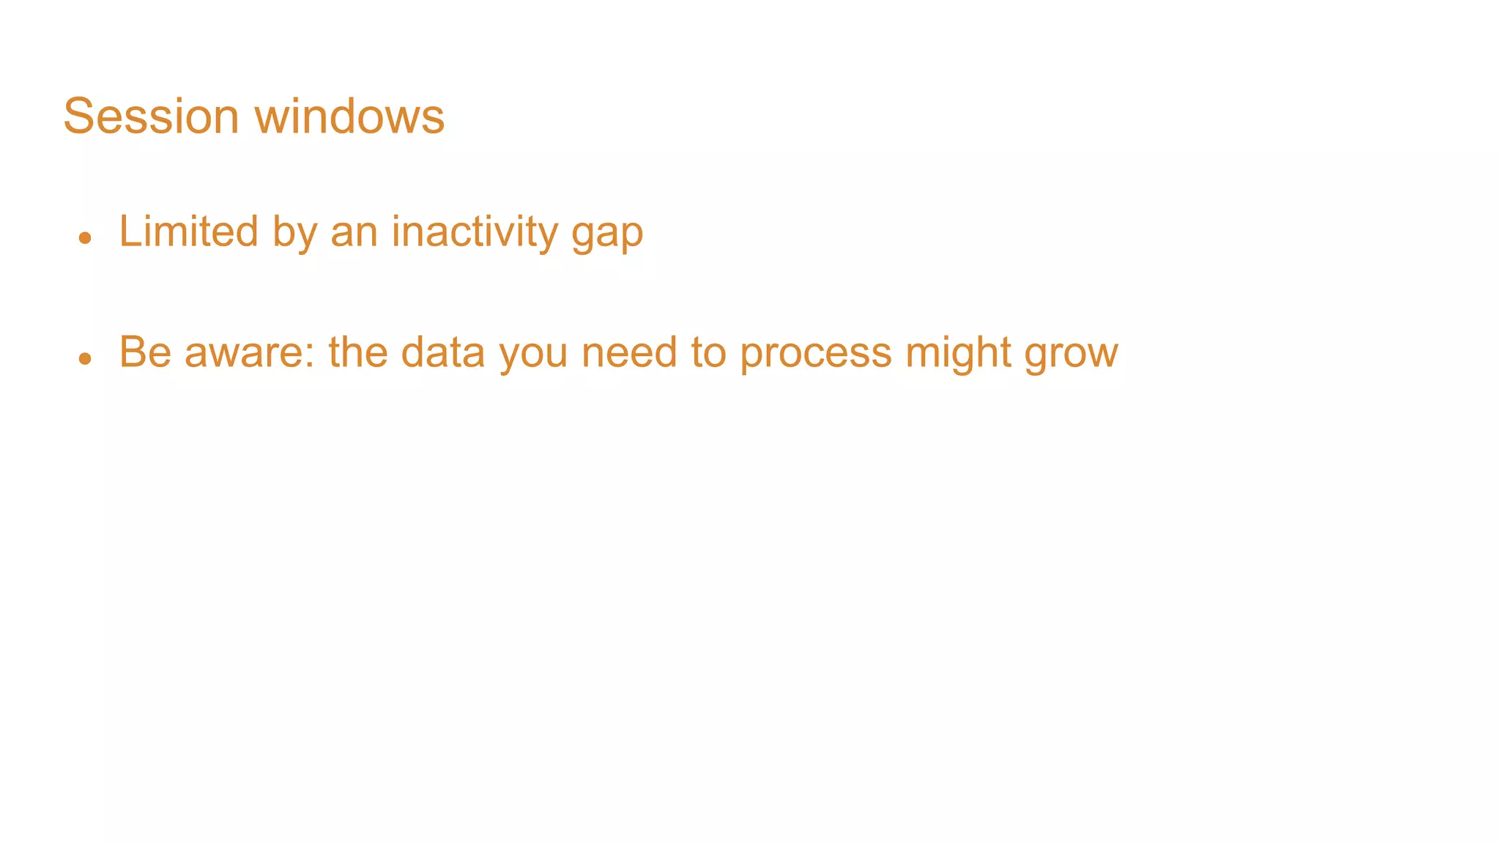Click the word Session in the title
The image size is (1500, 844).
point(151,116)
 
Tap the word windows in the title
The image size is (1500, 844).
point(349,116)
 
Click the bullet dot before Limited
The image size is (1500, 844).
point(85,237)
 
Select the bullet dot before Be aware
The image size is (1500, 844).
point(85,358)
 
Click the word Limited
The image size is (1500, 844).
point(188,232)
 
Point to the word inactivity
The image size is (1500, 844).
point(475,232)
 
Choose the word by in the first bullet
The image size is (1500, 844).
point(294,233)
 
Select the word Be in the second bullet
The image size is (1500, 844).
point(145,352)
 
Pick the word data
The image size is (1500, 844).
point(443,352)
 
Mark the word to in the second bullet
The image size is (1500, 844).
point(708,352)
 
